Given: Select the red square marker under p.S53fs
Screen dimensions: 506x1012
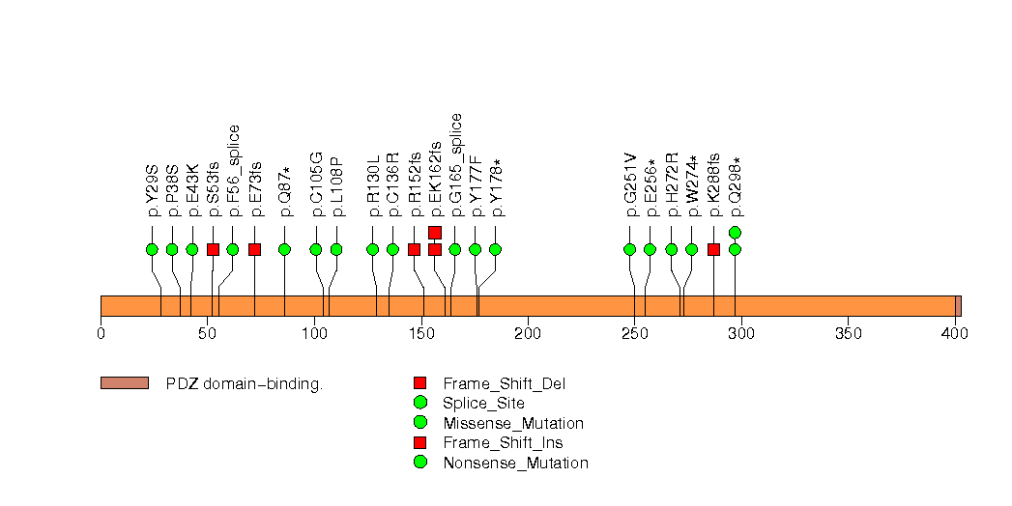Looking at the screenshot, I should click(x=213, y=249).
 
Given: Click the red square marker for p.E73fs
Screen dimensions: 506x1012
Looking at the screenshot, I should click(x=254, y=249).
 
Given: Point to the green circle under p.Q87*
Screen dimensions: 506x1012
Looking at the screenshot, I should click(x=284, y=249).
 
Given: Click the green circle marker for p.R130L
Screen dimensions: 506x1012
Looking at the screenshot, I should click(x=373, y=249).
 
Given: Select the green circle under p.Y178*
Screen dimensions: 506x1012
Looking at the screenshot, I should click(x=495, y=249).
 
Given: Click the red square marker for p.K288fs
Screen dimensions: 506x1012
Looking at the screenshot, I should click(x=713, y=249).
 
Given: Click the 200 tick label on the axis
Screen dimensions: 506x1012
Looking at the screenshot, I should click(x=528, y=333).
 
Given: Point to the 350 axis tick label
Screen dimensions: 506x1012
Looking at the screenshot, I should click(x=848, y=333).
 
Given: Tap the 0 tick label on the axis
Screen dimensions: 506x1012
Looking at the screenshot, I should click(x=101, y=333).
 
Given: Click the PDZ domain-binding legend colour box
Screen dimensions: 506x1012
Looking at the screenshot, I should click(x=124, y=383).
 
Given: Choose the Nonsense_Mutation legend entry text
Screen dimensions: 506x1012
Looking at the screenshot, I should click(x=515, y=463).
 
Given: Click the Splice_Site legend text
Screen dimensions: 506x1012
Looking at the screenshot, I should click(x=483, y=404).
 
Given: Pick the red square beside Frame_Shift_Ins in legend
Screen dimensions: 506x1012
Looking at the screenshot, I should click(x=419, y=442).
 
